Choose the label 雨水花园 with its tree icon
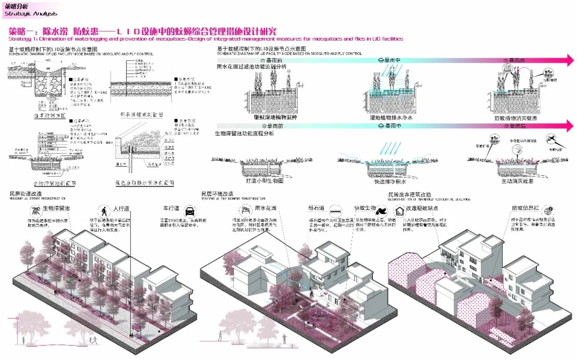click(x=266, y=208)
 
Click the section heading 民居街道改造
click(x=25, y=193)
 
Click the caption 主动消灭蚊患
click(x=517, y=182)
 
